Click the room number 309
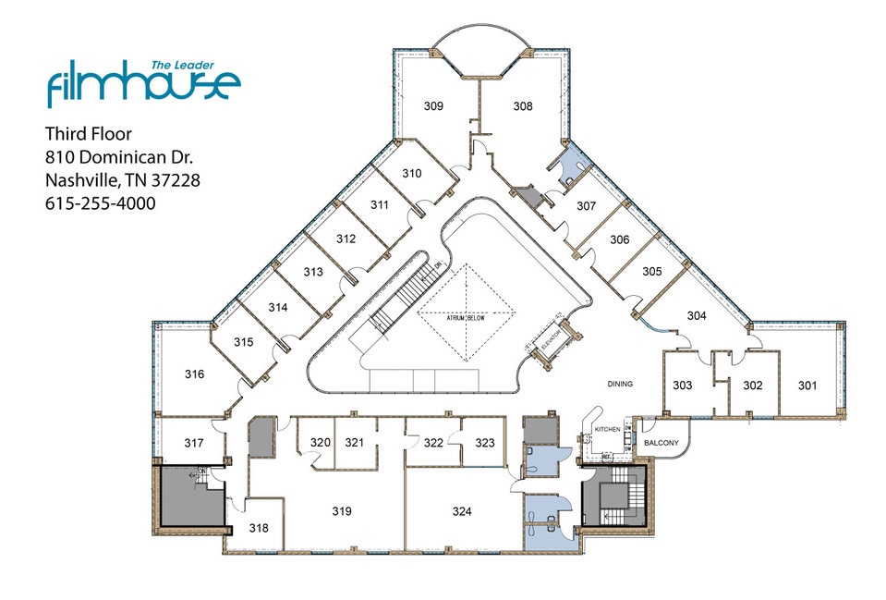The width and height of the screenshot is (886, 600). point(434,106)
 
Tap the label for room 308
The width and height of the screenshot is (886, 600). point(523,106)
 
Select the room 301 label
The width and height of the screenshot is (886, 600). point(807,385)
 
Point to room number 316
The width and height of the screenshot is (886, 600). point(194,374)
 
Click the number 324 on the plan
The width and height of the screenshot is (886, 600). point(462,510)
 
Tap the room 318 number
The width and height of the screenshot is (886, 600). point(259,528)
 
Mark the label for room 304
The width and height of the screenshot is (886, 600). point(697,315)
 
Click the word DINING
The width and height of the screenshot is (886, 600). point(619,384)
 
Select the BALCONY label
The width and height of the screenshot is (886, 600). point(661,443)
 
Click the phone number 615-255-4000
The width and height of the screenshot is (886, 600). point(100,202)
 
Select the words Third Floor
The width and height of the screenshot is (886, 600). point(89,134)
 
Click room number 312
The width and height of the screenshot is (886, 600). point(346,239)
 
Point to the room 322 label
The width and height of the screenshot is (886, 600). point(433,443)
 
